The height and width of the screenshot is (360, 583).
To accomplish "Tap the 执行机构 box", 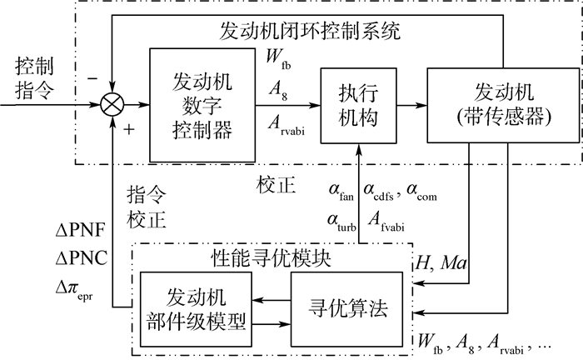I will pos(361,105).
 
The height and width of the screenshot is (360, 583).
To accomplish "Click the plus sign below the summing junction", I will pos(130,129).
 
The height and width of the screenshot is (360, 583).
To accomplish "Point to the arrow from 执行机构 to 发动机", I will pos(408,105).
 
